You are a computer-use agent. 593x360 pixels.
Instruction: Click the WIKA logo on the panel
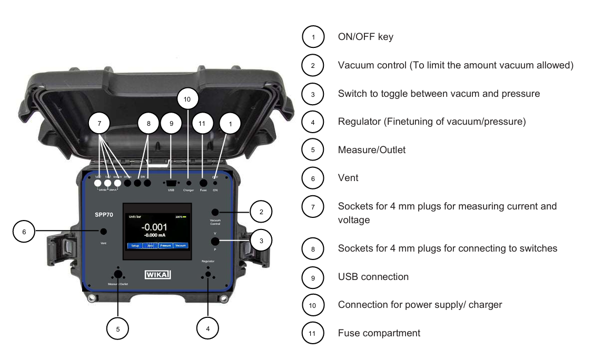157,274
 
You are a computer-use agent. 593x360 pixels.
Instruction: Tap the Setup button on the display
135,246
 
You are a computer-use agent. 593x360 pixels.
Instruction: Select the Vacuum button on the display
181,246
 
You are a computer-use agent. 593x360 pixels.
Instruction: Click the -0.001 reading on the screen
156,227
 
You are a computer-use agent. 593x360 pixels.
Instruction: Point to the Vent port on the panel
104,231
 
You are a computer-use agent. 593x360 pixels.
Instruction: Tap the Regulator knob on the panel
209,274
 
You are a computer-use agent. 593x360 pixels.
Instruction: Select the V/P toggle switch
215,241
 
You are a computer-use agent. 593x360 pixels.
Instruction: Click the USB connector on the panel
171,182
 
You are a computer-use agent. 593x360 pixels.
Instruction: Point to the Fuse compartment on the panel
203,182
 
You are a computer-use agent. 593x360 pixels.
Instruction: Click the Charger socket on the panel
189,183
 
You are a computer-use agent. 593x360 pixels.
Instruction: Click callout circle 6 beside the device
24,231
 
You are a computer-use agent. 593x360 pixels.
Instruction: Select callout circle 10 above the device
187,98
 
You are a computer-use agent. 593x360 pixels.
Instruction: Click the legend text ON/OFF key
365,37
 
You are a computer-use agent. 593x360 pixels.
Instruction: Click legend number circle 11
313,333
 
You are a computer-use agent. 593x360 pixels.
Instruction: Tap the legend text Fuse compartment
379,333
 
